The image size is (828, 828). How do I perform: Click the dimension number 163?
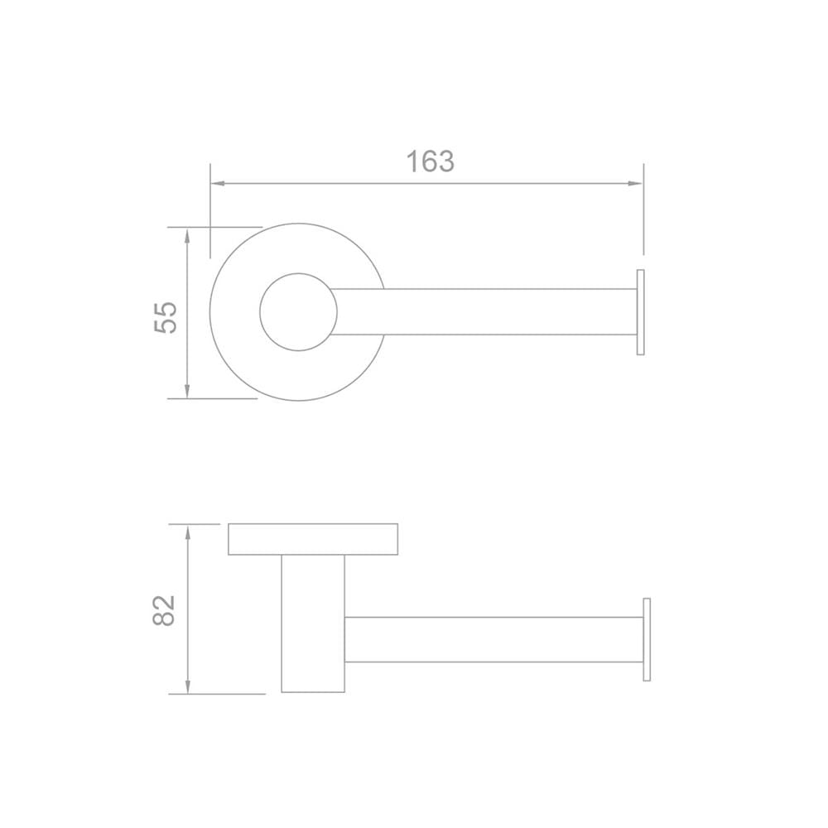pos(430,161)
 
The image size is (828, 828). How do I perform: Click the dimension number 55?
pos(166,317)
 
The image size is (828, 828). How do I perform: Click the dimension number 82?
pos(163,610)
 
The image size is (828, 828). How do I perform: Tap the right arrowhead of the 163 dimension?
pos(635,183)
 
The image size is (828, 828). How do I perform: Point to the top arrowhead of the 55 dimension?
pos(187,235)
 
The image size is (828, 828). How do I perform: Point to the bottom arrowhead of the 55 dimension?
pos(187,391)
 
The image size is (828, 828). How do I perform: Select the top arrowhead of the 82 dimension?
pos(188,532)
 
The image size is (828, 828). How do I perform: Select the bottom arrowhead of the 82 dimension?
pos(188,686)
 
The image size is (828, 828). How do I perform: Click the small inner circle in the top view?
pos(298,273)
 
